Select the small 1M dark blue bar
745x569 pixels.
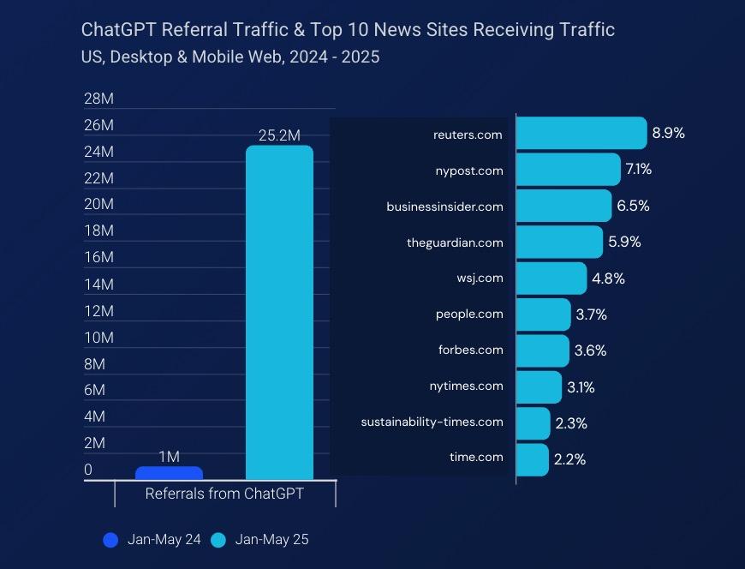169,473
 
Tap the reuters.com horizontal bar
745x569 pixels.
581,134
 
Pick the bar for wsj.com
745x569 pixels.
551,279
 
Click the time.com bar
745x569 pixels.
532,459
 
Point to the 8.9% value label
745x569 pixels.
668,134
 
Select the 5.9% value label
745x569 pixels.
624,242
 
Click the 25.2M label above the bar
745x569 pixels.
279,135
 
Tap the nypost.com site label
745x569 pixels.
469,171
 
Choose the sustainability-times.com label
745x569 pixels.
432,422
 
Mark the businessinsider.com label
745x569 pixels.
444,207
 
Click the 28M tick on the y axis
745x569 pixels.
98,99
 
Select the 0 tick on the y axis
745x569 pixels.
88,470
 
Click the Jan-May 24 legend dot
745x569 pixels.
110,540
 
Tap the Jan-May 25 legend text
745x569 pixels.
271,540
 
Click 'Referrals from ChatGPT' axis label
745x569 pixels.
224,494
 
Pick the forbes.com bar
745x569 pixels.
542,350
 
